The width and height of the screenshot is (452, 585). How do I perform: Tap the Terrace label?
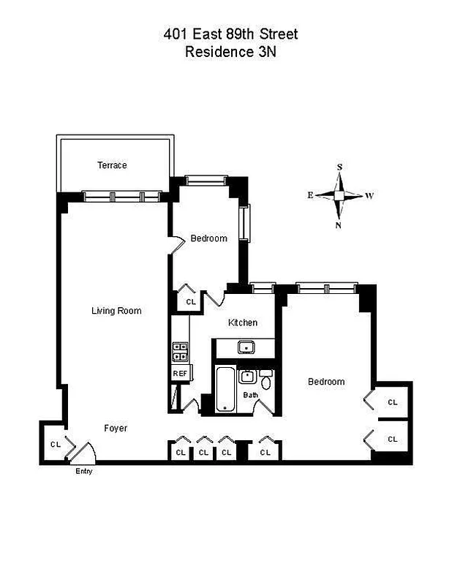[x=112, y=165]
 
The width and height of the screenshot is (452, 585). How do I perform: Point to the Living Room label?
[x=116, y=311]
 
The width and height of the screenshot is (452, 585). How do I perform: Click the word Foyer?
[x=116, y=428]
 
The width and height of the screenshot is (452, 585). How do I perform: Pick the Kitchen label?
[x=243, y=323]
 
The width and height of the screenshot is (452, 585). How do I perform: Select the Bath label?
[x=251, y=395]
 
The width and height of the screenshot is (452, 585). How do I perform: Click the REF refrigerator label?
[x=180, y=373]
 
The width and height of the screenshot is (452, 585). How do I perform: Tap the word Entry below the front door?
[x=84, y=471]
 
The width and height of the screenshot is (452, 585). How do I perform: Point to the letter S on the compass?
[x=339, y=167]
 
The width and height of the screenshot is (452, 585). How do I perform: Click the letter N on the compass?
[x=339, y=225]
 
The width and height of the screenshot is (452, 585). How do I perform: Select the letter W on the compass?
[x=370, y=195]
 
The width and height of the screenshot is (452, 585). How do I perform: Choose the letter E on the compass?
[x=310, y=195]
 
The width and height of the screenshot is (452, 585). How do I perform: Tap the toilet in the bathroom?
[x=265, y=381]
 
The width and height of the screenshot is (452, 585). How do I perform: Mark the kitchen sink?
[x=247, y=347]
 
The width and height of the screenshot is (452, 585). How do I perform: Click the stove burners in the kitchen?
[x=180, y=352]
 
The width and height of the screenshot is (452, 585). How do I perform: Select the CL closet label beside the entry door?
[x=56, y=444]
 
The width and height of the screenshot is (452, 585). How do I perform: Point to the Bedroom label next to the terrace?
[x=208, y=238]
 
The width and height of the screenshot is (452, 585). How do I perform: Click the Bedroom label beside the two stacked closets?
[x=325, y=382]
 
